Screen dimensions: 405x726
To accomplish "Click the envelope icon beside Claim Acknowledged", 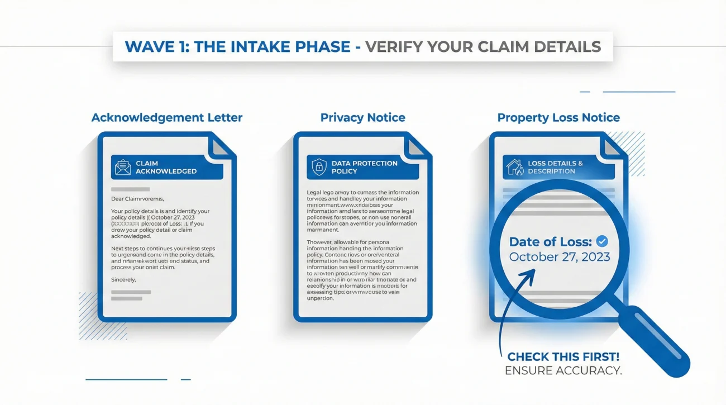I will coord(123,167).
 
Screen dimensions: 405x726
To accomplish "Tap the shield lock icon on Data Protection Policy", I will coord(319,167).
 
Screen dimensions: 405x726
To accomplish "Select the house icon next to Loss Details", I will coord(514,167).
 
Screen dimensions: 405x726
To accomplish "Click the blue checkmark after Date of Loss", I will coord(602,241).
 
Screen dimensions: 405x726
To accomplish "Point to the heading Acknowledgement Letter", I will coord(167,118).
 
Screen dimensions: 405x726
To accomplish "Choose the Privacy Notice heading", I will coord(362,118).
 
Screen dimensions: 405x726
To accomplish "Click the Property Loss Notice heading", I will coord(558,118).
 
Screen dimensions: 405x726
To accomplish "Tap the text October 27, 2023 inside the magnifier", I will coord(560,258).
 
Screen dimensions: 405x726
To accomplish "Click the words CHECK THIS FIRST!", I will coord(564,357).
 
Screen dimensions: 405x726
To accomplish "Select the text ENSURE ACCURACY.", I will coord(563,370).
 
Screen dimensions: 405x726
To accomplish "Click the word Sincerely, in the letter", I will coord(123,279).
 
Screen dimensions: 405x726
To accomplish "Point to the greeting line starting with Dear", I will coord(142,198).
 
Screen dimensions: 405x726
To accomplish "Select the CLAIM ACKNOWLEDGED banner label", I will coord(166,167).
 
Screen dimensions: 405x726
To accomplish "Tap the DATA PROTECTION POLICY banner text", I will coord(365,167).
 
